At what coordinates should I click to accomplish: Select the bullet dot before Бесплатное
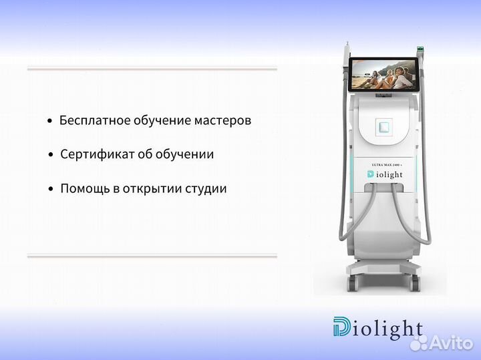point(50,122)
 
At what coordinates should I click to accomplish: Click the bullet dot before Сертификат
point(51,155)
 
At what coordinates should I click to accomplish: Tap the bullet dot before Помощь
point(51,189)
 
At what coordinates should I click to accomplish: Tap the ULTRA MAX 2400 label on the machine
point(384,164)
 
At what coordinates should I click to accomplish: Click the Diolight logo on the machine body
point(384,174)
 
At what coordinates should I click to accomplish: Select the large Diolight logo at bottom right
point(378,328)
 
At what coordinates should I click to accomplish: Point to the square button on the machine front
point(383,126)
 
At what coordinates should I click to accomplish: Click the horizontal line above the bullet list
point(152,69)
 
